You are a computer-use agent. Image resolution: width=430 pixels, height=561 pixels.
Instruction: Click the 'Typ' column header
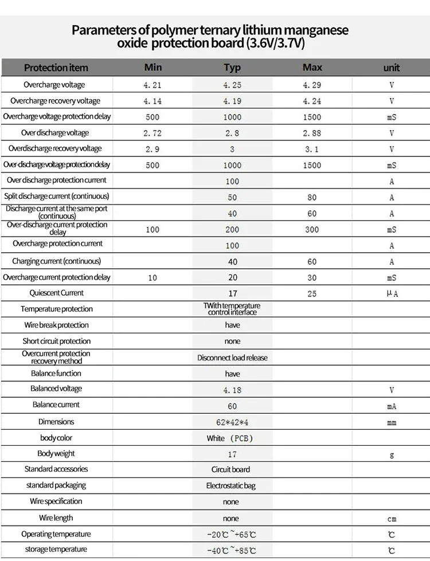point(232,68)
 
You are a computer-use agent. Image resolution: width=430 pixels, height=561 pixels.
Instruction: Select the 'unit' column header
point(392,68)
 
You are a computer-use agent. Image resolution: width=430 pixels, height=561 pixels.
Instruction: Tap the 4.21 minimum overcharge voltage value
point(153,85)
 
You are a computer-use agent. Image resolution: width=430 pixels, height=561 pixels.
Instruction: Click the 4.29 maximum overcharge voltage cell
point(312,85)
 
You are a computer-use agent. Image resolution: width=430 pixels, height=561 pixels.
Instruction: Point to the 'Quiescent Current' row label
point(56,293)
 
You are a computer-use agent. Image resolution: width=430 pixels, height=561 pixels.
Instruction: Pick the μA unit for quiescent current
point(392,293)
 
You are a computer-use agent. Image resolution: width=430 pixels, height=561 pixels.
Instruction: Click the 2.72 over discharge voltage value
point(153,133)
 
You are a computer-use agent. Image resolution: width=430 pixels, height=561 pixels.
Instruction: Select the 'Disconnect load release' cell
point(232,358)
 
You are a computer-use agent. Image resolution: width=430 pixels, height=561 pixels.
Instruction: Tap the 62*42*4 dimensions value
point(232,422)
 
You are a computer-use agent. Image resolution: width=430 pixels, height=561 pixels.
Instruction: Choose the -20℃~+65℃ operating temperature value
point(232,535)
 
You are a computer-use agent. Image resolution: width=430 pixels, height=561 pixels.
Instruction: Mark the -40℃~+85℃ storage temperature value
point(232,551)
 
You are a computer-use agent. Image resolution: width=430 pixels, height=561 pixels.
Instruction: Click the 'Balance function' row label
point(56,373)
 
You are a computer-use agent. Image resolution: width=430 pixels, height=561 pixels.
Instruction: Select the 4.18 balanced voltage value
point(232,390)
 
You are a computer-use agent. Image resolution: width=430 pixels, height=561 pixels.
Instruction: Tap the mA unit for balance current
point(392,406)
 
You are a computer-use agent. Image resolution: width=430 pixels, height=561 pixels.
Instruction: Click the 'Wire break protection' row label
point(56,325)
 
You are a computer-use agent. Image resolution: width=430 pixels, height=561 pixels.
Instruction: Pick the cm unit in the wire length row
point(392,519)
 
